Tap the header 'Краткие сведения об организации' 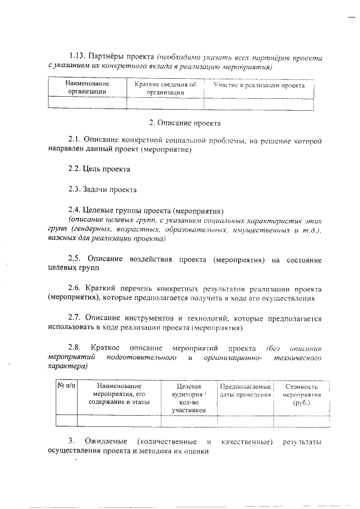coord(165,89)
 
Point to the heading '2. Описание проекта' coord(184,122)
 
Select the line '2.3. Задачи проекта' coord(102,190)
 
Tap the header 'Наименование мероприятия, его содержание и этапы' coord(119,394)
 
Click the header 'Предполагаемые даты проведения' coord(245,391)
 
